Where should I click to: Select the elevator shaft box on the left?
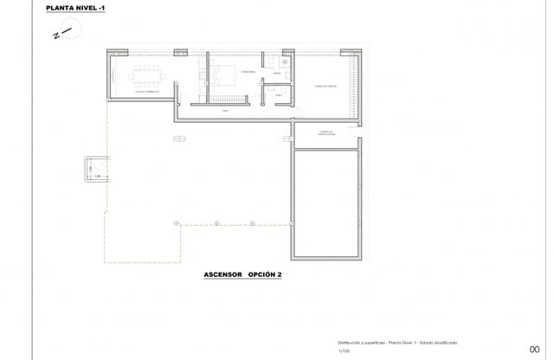[x=96, y=170]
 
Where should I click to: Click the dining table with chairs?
[x=145, y=71]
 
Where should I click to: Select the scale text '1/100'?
[x=345, y=350]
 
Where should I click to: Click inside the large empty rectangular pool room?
[x=327, y=203]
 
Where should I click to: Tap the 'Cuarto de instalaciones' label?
[x=326, y=133]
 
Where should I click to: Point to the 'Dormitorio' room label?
[x=248, y=71]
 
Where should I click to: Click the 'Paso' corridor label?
[x=224, y=111]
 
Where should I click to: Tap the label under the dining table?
[x=145, y=90]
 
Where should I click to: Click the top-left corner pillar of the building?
[x=113, y=53]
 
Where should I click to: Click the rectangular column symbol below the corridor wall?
[x=180, y=138]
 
